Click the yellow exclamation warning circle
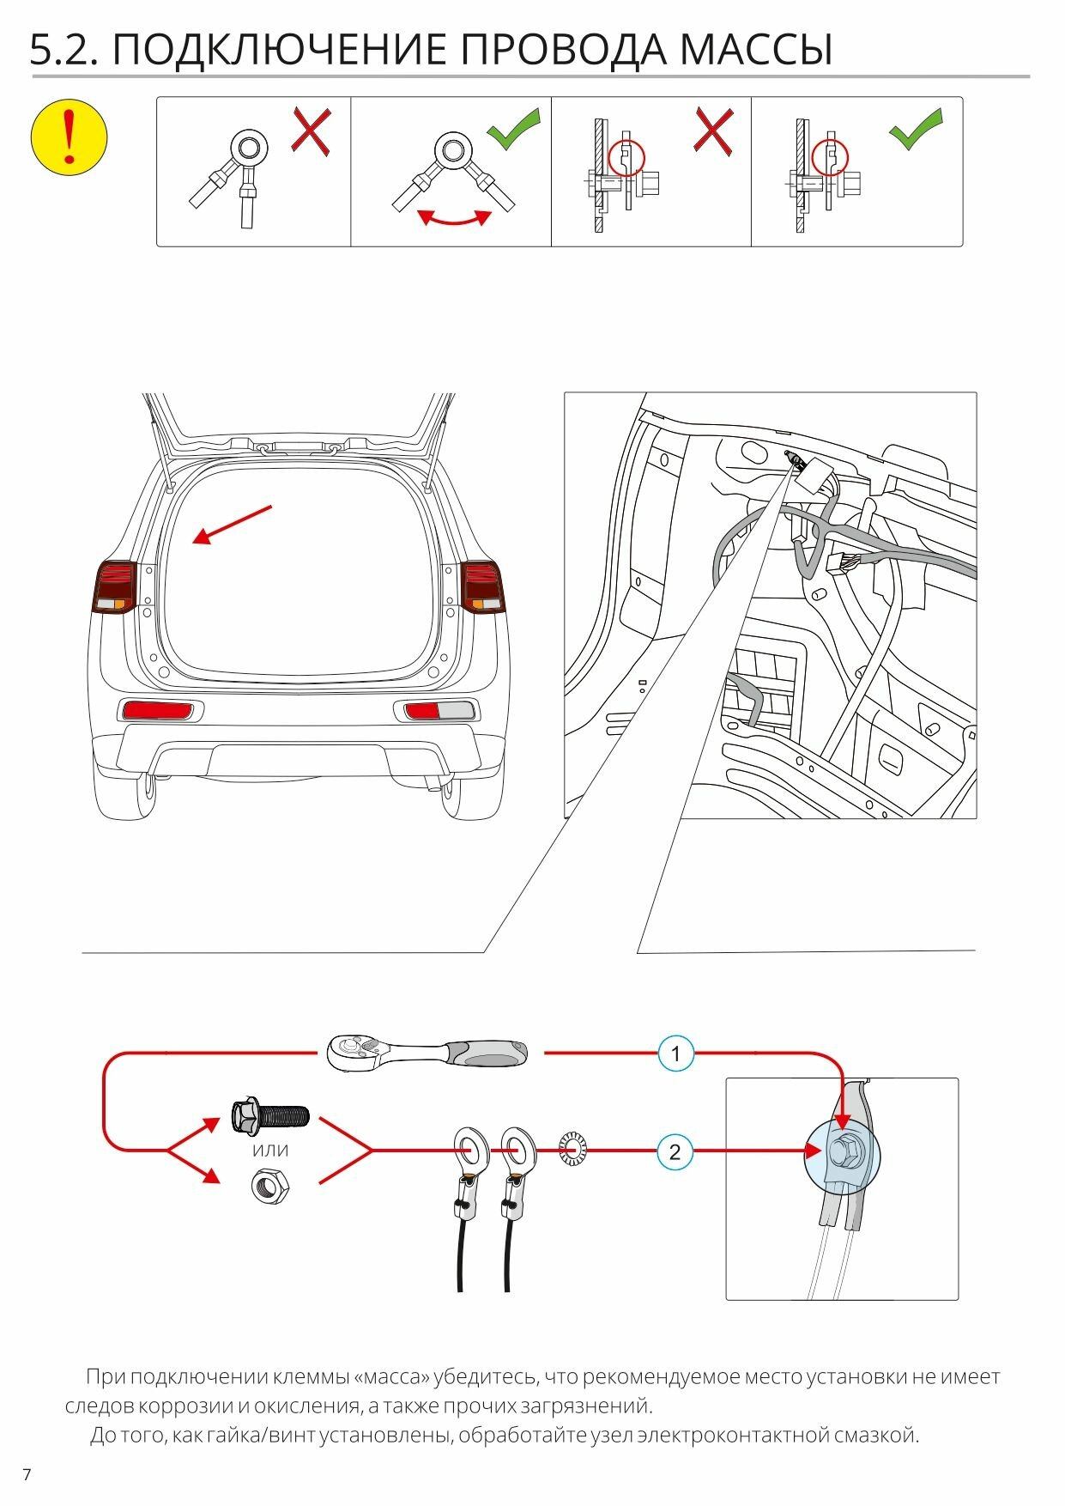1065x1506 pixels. click(69, 137)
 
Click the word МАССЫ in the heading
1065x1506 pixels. click(755, 50)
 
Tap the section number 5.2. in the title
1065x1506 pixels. click(64, 50)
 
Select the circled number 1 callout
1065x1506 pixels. click(675, 1054)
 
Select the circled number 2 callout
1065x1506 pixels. click(675, 1151)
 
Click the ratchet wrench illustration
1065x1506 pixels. click(427, 1052)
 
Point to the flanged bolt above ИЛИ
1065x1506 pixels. click(269, 1116)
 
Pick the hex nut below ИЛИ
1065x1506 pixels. click(269, 1186)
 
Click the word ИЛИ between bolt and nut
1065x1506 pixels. click(269, 1151)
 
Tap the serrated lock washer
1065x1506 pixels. click(572, 1149)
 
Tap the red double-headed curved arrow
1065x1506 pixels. click(454, 219)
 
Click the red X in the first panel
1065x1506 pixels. click(311, 131)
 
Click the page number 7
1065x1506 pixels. click(27, 1475)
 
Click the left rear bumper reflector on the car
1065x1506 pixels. click(159, 710)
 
